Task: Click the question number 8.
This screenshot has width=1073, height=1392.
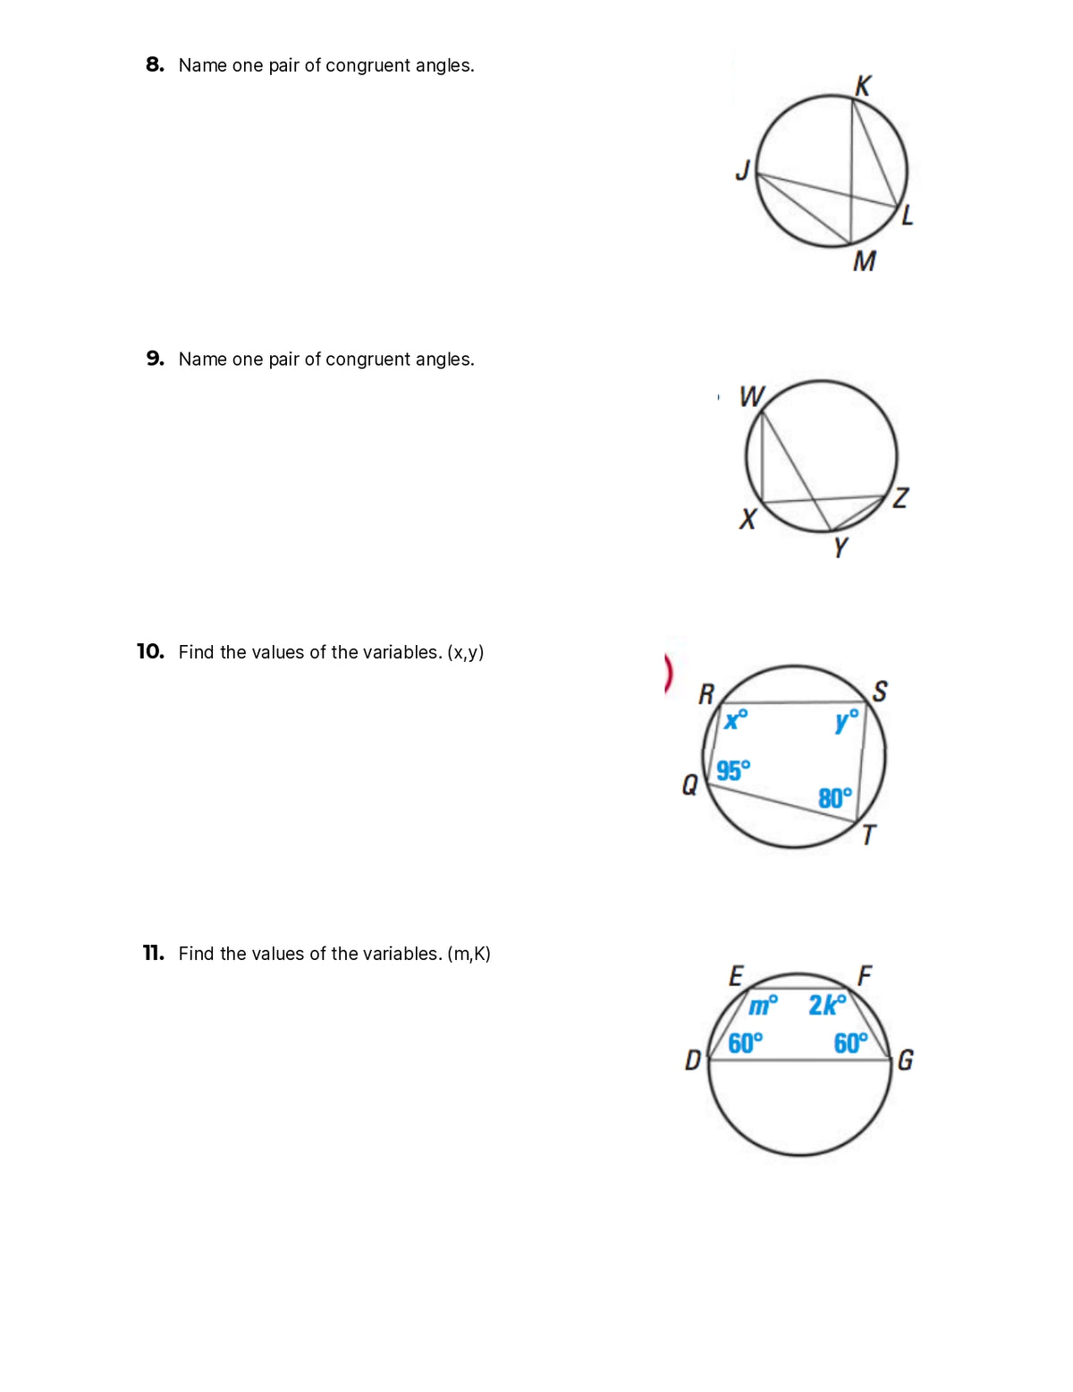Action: (x=155, y=64)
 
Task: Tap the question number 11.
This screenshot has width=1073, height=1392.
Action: (x=153, y=953)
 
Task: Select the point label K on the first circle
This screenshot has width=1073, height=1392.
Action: (x=863, y=86)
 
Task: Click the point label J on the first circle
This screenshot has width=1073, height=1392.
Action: (x=742, y=169)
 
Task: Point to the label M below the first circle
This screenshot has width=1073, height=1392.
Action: (x=864, y=261)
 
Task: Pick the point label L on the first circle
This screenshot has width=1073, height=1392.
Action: (x=907, y=215)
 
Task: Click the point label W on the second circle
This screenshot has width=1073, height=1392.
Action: (x=751, y=396)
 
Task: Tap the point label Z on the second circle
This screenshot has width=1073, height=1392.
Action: (x=900, y=497)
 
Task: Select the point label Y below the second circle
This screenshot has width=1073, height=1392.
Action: (x=840, y=547)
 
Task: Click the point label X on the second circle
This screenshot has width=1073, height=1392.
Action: (x=748, y=519)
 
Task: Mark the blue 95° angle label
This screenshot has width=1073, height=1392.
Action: (x=733, y=770)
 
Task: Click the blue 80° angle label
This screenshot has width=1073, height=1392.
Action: (x=835, y=798)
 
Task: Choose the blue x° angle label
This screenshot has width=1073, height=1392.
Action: (x=736, y=719)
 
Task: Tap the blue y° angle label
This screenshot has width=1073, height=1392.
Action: (x=846, y=719)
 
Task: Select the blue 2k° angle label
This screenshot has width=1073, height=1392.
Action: (x=827, y=1006)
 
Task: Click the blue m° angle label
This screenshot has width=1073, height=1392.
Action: (x=763, y=1006)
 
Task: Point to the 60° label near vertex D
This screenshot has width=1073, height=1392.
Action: (x=745, y=1043)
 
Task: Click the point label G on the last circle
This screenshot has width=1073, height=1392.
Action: (x=905, y=1060)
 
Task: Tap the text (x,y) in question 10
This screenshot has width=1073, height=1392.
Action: (x=465, y=652)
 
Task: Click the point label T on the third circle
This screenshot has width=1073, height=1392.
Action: (x=868, y=835)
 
